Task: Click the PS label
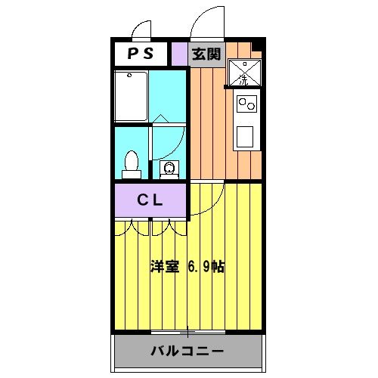(141, 54)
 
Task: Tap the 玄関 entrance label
(205, 54)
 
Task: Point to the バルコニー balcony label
(187, 352)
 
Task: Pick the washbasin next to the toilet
(169, 168)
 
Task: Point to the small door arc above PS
(140, 31)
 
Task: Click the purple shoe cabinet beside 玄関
(178, 54)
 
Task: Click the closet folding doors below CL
(150, 225)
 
